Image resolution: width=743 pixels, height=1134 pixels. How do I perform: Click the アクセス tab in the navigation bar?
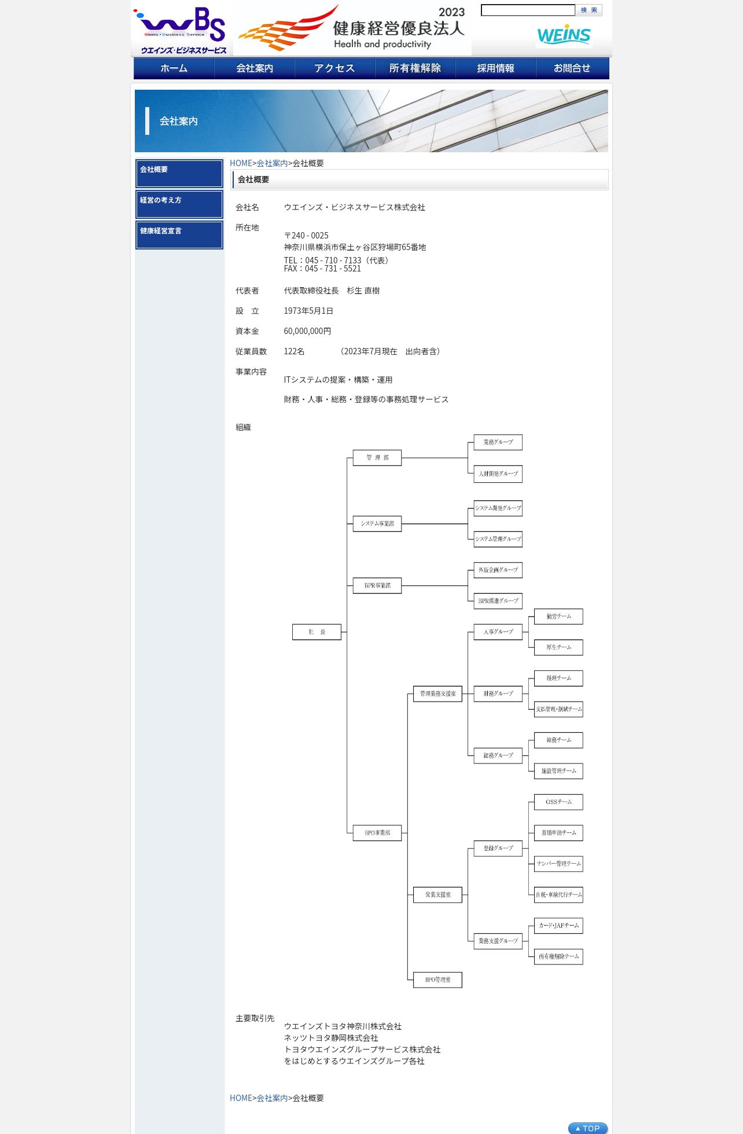334,68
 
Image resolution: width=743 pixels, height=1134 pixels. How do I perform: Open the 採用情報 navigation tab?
495,68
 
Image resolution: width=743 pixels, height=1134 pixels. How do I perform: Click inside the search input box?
528,10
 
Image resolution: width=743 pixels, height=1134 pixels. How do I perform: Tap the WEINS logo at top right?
564,35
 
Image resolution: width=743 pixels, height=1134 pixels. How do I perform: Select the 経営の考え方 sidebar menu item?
179,204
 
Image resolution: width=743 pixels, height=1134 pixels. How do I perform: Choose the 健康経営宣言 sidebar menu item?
179,235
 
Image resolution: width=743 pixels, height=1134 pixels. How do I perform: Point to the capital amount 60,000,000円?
307,331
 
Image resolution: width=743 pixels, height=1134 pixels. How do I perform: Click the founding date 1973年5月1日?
308,311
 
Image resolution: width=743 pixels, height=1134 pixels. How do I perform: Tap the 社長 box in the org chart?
317,632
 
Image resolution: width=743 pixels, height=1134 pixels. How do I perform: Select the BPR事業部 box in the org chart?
377,586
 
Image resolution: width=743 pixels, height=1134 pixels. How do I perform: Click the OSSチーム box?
558,802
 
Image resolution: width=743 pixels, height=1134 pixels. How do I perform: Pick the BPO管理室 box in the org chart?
437,980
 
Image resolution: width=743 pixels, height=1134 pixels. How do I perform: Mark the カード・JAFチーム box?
558,926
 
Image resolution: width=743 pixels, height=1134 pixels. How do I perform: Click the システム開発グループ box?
498,508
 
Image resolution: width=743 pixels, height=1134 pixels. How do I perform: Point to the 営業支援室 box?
437,895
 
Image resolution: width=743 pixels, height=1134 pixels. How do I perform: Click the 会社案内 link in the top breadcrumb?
272,163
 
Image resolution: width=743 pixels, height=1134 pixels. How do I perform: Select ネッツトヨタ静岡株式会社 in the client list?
331,1038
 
